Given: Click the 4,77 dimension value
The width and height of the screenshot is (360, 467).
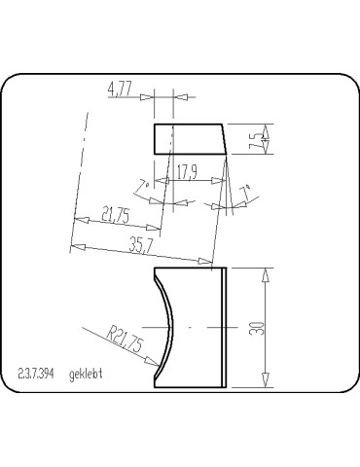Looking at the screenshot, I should click(122, 90).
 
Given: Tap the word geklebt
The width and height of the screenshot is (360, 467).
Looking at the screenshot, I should click(87, 374).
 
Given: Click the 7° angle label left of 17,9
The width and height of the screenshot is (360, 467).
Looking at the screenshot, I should click(144, 184).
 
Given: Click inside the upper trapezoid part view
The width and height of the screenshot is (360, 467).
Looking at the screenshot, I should click(190, 139).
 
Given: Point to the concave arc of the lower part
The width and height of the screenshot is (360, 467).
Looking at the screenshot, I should click(170, 326).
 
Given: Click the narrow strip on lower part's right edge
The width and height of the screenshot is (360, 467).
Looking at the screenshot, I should click(226, 326).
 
